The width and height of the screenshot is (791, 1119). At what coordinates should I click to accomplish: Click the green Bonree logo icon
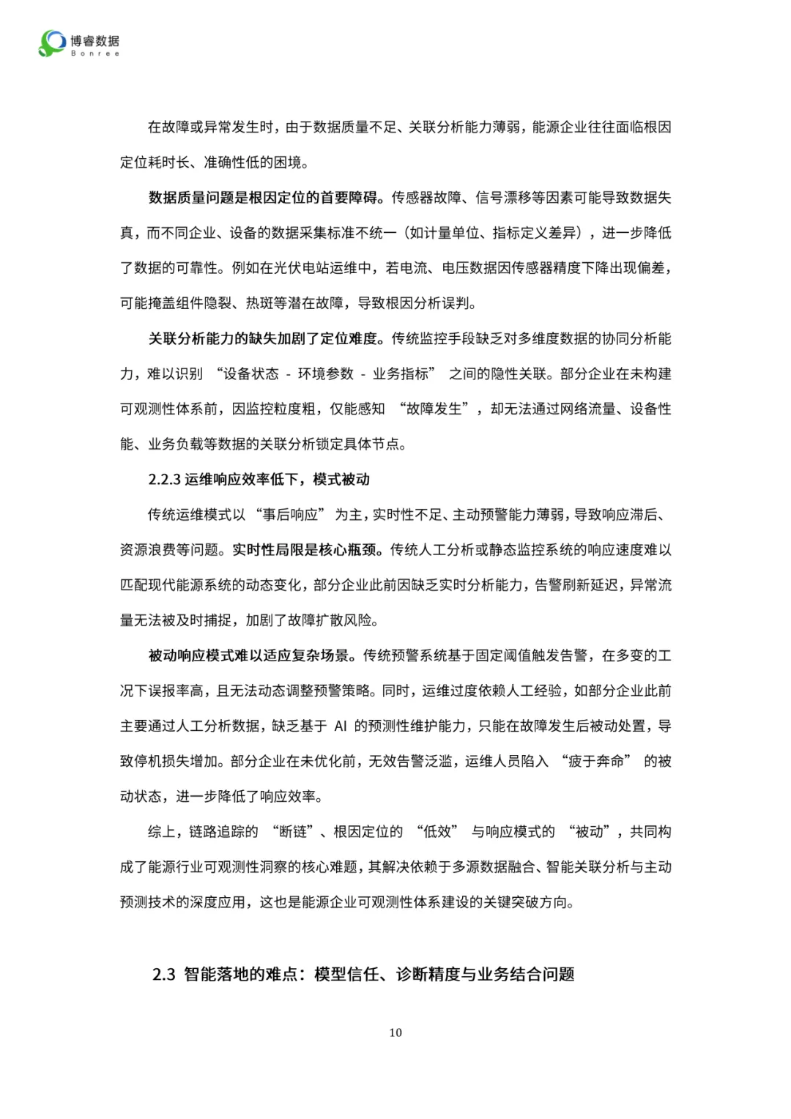click(x=52, y=42)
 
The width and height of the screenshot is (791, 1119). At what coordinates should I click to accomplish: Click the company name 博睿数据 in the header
click(x=95, y=40)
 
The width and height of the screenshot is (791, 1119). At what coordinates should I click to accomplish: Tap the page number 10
click(x=395, y=1033)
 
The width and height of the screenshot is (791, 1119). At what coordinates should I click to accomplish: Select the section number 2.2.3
click(x=164, y=480)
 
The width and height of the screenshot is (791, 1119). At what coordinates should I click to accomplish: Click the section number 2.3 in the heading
click(x=164, y=975)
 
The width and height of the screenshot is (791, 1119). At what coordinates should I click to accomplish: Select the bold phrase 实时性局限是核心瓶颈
click(x=308, y=550)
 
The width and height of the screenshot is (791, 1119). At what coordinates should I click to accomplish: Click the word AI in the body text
click(x=341, y=726)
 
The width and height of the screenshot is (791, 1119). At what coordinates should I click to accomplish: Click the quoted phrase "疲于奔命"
click(x=596, y=762)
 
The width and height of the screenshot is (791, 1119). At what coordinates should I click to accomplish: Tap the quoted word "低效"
click(x=437, y=832)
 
